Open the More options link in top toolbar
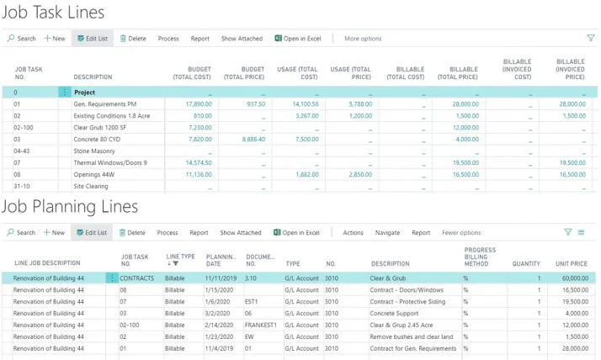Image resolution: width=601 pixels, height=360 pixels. pos(363,39)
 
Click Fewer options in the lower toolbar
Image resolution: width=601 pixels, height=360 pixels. pos(461,232)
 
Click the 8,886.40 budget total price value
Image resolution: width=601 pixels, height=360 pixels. pos(249,139)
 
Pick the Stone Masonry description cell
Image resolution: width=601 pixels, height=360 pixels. pos(96,151)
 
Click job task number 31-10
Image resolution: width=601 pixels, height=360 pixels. pos(21,186)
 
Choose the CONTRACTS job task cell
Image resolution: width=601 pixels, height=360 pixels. pos(136,277)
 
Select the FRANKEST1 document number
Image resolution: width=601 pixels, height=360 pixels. pos(262,324)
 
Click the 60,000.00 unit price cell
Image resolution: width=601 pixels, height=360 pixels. pos(570,277)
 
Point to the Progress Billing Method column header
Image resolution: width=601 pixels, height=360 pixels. pos(481,257)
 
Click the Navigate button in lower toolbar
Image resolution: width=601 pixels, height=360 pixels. pos(387,232)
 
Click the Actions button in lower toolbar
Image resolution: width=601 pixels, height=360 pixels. pos(353,232)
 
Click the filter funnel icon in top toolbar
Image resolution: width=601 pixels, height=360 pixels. pos(589,38)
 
